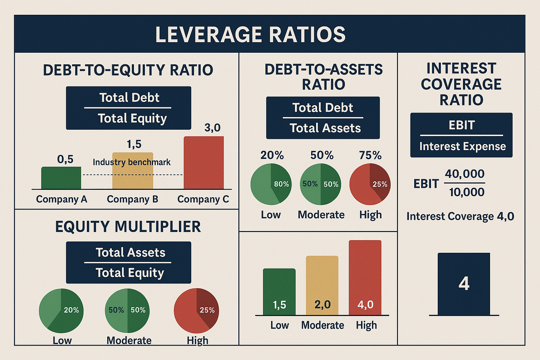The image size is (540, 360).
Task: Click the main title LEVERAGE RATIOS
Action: coord(250,34)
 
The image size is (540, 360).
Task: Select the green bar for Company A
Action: coord(61,178)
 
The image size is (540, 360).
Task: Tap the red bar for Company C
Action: coord(204,163)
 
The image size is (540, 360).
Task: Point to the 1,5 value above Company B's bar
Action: coord(134,144)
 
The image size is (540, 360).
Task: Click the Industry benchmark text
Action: coord(131,162)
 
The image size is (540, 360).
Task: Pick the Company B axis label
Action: coord(133,199)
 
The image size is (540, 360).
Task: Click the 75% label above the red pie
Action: coord(370,155)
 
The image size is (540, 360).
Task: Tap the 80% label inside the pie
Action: coord(281,184)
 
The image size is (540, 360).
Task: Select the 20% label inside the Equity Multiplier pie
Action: coord(71,310)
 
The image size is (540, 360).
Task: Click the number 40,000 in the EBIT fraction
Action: coord(464,174)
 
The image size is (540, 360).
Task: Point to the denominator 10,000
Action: coord(467,192)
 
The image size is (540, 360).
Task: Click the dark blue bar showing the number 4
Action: coord(464,284)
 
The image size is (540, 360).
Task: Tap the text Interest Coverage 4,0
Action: coord(460,216)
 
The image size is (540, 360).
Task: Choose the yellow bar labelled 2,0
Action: coord(322,285)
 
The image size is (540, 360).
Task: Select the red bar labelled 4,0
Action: coord(365,278)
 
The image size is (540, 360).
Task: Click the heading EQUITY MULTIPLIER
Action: coord(128,227)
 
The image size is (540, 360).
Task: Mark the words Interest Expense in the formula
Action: coord(462,146)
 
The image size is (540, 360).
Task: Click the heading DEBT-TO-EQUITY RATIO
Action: coord(128,70)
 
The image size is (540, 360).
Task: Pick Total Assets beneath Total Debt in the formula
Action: coord(325,128)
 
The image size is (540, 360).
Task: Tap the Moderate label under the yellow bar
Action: coord(322,325)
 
